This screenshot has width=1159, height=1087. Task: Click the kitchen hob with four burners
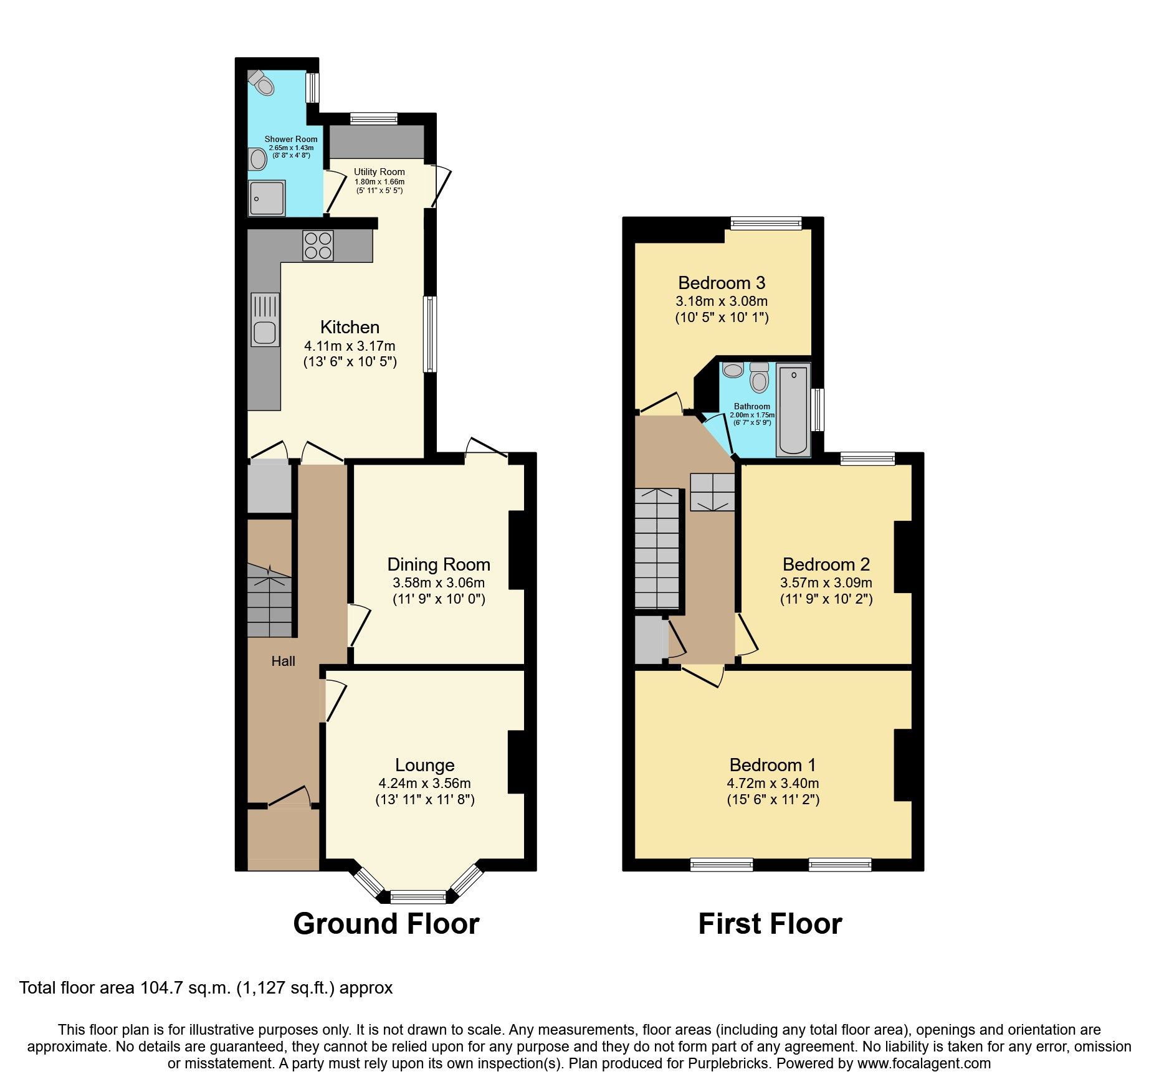[318, 245]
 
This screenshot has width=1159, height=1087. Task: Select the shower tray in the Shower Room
[267, 198]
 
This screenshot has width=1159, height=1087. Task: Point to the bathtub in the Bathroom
[793, 410]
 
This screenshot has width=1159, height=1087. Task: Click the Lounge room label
[424, 765]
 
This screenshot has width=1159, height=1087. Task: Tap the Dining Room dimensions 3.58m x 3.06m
[438, 583]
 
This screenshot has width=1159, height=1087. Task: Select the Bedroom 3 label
[722, 283]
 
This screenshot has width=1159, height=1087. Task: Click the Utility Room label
[379, 172]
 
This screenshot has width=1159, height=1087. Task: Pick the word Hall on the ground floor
[283, 662]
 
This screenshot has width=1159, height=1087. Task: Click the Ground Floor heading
[386, 923]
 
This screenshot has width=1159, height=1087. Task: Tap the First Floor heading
[770, 923]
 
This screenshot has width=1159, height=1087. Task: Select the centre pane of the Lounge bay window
[418, 897]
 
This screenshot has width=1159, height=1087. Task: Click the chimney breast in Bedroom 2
[903, 556]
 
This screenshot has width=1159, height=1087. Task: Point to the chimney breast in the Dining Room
[517, 550]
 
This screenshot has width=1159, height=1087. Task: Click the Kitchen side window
[430, 334]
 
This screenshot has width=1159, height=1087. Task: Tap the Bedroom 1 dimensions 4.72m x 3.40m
[773, 784]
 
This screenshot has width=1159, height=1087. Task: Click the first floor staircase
[657, 548]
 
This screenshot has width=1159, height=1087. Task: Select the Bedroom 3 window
[766, 223]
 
